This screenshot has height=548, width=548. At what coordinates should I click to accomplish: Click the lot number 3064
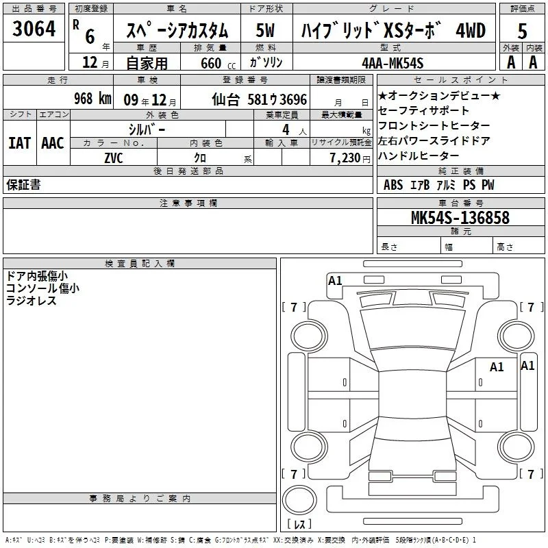[34, 28]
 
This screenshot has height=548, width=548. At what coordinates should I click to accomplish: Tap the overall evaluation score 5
[522, 31]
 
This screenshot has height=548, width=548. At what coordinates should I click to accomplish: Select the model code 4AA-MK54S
[393, 63]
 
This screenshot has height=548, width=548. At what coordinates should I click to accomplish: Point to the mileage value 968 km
[92, 98]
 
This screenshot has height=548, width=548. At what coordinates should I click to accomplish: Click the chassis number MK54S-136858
[460, 217]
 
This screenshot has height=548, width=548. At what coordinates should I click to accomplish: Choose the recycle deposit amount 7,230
[345, 158]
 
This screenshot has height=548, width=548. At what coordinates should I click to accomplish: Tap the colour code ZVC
[114, 158]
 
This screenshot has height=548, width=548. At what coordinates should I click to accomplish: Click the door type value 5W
[265, 30]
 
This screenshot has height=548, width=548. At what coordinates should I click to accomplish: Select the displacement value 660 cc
[218, 63]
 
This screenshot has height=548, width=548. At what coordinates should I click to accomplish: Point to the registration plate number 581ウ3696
[277, 99]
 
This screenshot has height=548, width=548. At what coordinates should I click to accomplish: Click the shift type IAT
[20, 143]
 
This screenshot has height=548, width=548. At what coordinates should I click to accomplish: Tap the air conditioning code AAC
[53, 143]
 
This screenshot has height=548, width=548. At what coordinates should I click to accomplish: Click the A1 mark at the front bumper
[335, 281]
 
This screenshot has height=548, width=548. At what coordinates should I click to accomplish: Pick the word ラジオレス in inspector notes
[31, 301]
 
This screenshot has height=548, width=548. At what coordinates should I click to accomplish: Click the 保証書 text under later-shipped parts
[23, 184]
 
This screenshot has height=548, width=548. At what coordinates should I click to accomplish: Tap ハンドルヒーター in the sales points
[418, 155]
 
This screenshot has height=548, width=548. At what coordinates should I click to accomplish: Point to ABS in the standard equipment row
[393, 184]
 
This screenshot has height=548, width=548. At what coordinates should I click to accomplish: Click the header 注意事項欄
[188, 203]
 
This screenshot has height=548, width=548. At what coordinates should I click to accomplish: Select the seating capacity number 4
[286, 129]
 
